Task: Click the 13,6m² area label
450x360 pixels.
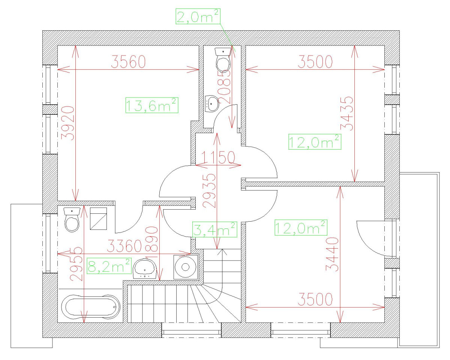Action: point(152,105)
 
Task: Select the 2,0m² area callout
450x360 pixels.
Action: point(198,16)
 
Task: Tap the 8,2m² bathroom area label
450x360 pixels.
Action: point(109,266)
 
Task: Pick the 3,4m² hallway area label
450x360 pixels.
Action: point(214,229)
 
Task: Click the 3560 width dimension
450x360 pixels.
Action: point(128,62)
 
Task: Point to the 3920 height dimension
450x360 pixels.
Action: point(68,123)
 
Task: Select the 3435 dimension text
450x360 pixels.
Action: point(347,114)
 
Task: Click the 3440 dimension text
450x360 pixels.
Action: point(332,254)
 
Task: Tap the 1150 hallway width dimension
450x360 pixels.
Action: point(218,157)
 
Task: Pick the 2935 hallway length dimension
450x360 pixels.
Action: point(209,190)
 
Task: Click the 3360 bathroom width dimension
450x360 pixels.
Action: point(124,246)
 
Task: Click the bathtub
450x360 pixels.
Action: point(91,307)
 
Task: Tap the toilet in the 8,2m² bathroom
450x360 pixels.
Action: point(72,220)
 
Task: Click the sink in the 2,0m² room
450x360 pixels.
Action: point(212,104)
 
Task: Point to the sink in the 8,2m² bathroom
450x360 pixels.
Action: point(145,269)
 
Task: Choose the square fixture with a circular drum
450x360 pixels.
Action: point(186,267)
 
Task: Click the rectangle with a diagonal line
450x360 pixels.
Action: point(99,219)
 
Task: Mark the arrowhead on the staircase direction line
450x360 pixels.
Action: point(222,252)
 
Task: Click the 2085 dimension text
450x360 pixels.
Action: point(225,87)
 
